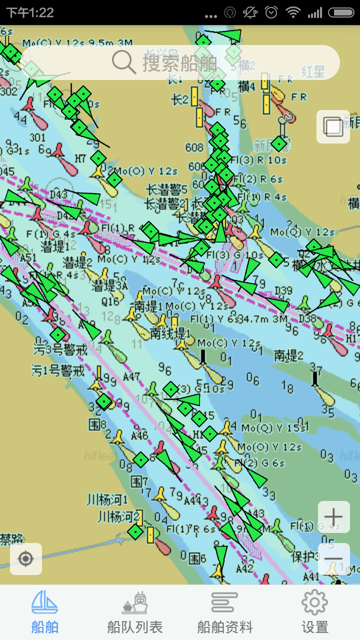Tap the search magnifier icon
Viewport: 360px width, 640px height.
point(123,62)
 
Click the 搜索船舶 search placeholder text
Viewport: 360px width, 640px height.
point(180,63)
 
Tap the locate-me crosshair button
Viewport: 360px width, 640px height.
point(26,558)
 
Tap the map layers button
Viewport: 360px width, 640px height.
point(333,127)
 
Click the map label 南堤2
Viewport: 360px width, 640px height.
point(289,356)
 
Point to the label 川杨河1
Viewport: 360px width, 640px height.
point(107,499)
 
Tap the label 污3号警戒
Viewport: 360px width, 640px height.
point(60,349)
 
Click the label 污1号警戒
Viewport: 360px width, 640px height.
point(58,370)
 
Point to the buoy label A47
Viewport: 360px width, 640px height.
point(131,376)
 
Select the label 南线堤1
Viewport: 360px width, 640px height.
point(170,332)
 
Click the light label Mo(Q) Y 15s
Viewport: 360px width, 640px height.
point(274,428)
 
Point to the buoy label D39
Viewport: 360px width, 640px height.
point(283,291)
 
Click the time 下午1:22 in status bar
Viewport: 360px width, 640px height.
point(30,12)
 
